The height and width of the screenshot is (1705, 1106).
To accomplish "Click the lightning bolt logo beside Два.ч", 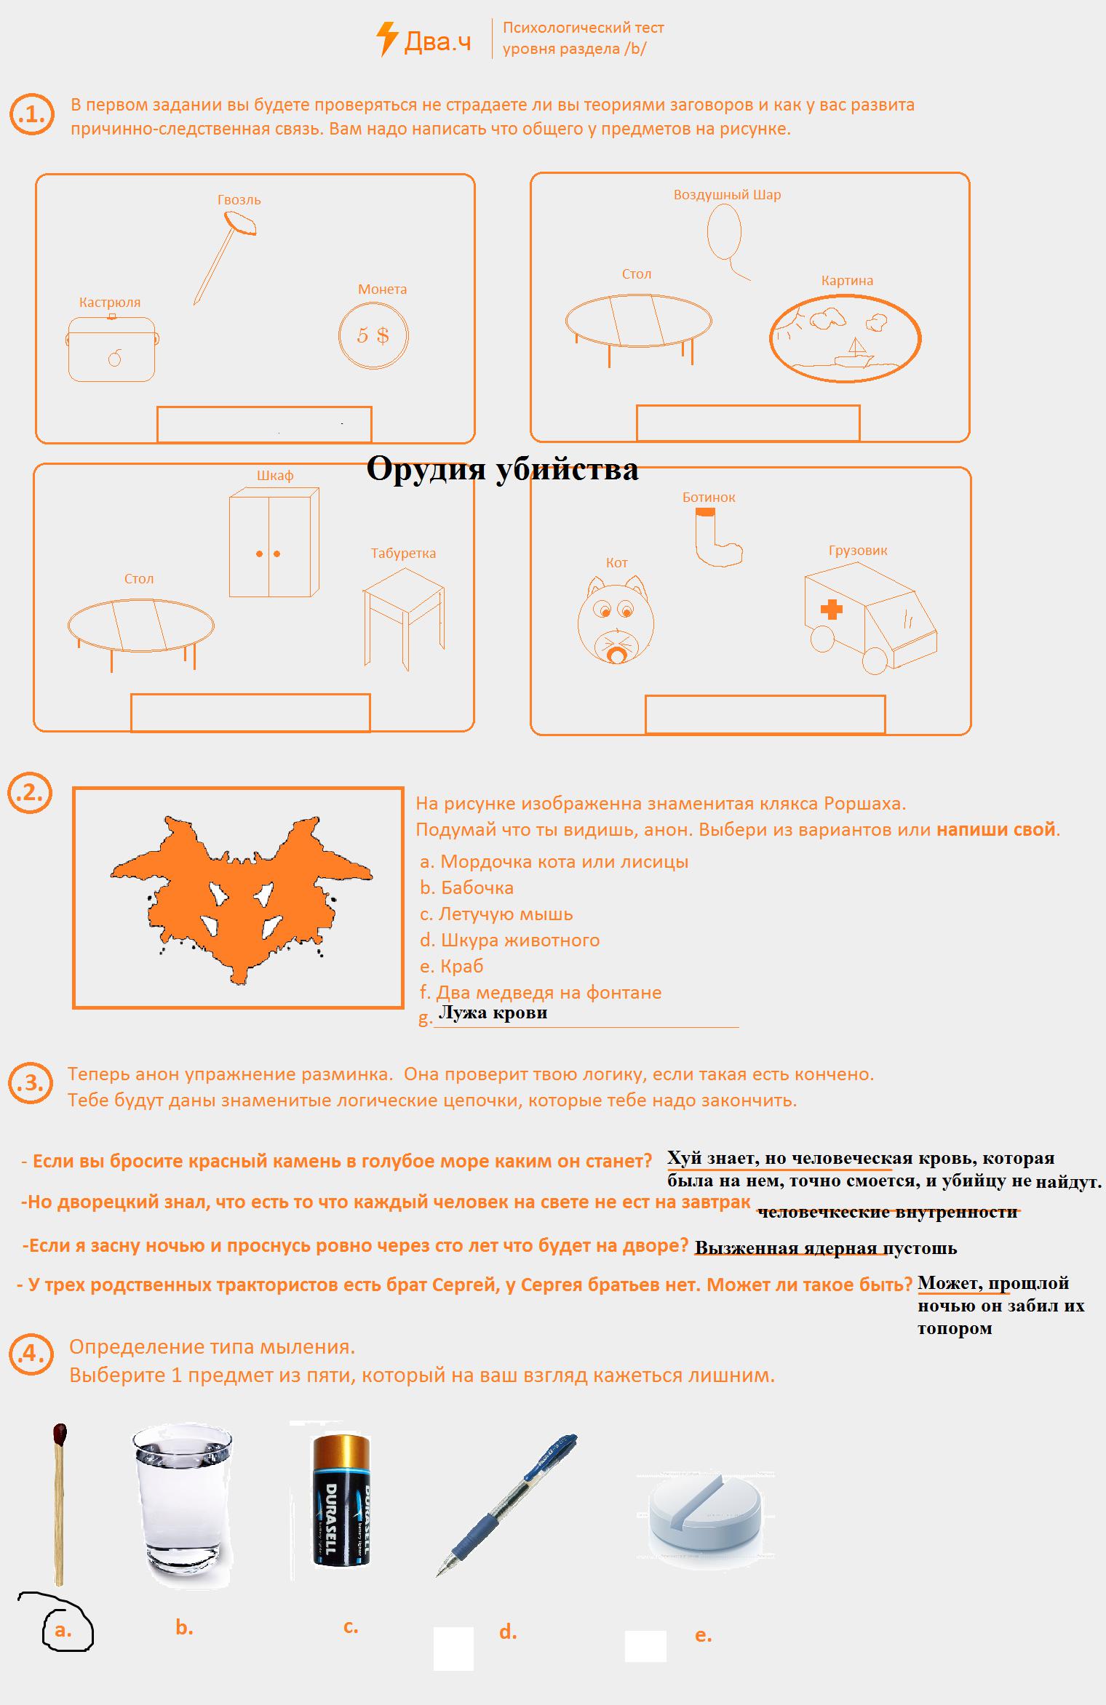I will pyautogui.click(x=386, y=39).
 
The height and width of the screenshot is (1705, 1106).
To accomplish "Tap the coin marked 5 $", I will pyautogui.click(x=373, y=336).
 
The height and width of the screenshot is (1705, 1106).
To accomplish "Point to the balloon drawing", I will pyautogui.click(x=725, y=232).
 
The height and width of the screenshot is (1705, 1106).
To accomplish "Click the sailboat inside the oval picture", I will pyautogui.click(x=856, y=351).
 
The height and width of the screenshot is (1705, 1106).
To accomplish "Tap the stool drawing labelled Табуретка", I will pyautogui.click(x=402, y=615).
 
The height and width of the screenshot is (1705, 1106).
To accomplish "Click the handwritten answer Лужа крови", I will pyautogui.click(x=493, y=1012).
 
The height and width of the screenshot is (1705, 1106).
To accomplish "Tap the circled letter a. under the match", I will pyautogui.click(x=63, y=1630).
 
